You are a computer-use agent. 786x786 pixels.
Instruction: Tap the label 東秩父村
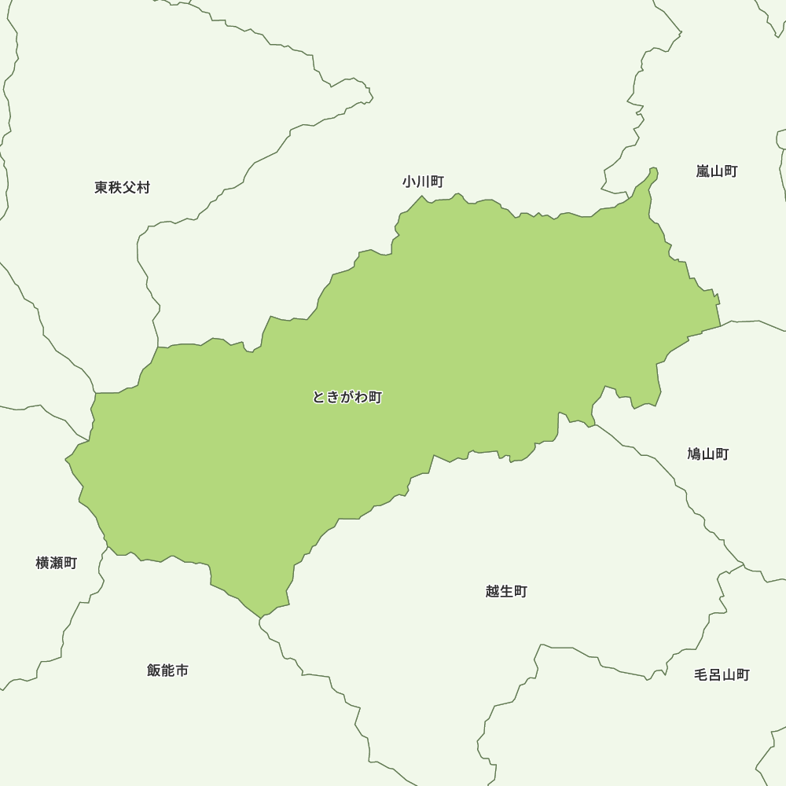122,188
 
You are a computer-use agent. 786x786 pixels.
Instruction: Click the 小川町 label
423,182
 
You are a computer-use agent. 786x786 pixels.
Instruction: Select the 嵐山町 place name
716,171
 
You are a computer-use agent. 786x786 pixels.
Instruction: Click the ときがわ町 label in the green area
347,398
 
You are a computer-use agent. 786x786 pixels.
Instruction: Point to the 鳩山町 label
707,454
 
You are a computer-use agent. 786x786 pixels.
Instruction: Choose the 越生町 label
506,592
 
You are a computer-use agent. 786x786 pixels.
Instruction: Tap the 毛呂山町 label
722,675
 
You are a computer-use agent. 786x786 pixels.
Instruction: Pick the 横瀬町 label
57,564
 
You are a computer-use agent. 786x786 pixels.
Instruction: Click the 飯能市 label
167,671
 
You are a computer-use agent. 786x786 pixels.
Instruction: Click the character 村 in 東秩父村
143,188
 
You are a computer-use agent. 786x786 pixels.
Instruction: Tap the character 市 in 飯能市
182,671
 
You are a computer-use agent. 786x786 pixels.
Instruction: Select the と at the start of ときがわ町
318,398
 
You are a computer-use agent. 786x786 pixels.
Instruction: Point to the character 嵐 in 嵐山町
703,171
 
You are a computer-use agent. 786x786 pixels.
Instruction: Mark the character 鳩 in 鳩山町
694,454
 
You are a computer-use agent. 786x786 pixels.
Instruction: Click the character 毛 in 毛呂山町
701,675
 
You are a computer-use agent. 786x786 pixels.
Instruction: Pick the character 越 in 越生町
493,592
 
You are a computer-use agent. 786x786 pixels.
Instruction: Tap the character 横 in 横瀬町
42,564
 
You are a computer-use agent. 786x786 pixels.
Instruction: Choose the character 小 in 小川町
409,182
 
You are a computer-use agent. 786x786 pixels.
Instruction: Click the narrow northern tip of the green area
653,172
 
